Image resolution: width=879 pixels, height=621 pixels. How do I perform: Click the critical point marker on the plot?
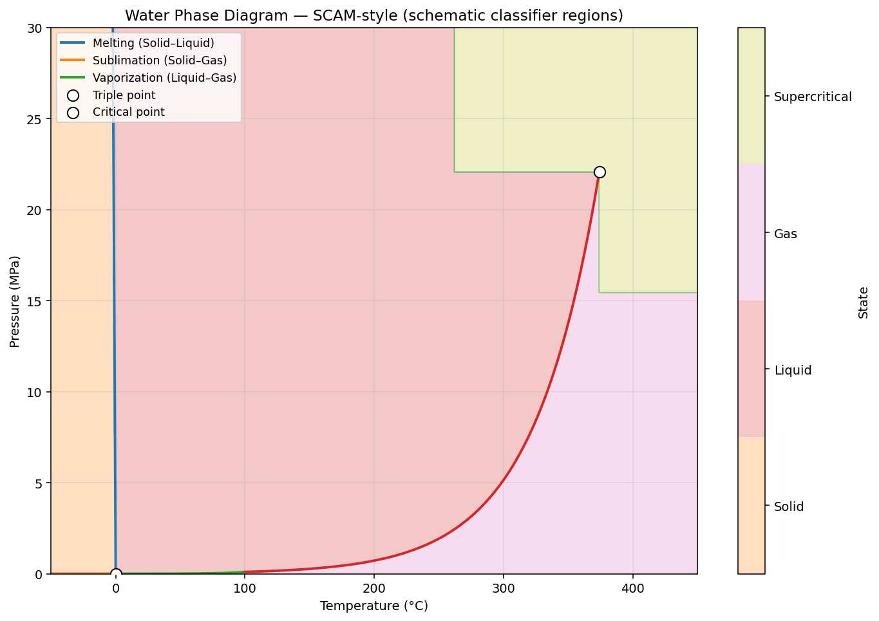600,172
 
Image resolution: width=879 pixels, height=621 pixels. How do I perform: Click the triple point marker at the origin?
116,574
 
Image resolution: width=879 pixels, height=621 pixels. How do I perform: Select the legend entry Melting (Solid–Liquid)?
153,43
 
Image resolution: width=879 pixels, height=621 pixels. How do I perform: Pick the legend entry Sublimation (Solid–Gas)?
160,60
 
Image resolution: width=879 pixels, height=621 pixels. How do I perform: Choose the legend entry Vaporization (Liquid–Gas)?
164,78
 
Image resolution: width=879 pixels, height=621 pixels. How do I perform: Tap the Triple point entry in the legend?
124,95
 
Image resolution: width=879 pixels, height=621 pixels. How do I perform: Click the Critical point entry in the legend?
128,112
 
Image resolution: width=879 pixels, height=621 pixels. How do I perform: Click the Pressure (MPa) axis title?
15,301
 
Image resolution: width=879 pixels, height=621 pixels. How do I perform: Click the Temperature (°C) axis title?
374,606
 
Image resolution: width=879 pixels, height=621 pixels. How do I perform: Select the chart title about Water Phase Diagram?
374,15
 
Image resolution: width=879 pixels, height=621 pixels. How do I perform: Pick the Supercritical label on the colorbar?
813,97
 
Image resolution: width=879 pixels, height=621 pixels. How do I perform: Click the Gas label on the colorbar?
786,234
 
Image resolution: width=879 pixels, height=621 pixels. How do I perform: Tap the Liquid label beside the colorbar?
793,370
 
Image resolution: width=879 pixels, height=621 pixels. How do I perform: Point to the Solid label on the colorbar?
789,507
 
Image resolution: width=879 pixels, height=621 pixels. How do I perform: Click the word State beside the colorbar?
864,302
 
